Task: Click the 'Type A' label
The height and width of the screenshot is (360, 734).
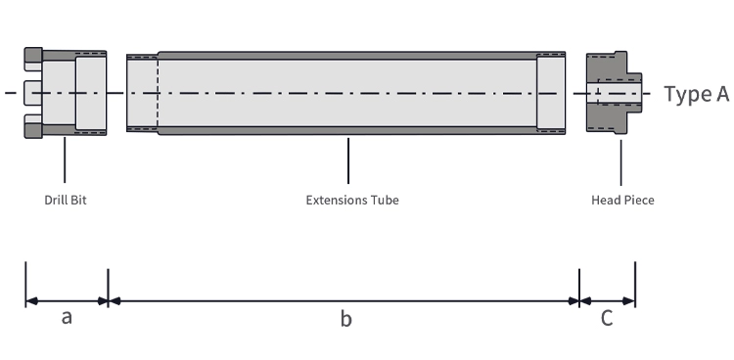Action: pyautogui.click(x=697, y=94)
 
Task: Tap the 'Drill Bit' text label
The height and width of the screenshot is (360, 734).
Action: pyautogui.click(x=66, y=200)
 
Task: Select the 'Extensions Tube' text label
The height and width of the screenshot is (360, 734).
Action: pyautogui.click(x=352, y=200)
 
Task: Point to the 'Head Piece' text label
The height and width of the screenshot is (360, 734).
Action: pyautogui.click(x=622, y=200)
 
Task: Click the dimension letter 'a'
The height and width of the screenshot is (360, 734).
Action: pyautogui.click(x=67, y=317)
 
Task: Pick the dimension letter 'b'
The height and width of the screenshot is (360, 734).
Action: pyautogui.click(x=345, y=318)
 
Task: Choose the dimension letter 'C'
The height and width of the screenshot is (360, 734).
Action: pyautogui.click(x=607, y=318)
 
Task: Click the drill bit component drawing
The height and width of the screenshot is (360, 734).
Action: pyautogui.click(x=66, y=93)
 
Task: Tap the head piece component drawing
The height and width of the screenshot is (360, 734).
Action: pyautogui.click(x=615, y=93)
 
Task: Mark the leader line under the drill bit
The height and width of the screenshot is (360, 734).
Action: pyautogui.click(x=65, y=159)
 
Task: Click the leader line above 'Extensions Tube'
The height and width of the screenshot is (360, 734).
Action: pyautogui.click(x=348, y=160)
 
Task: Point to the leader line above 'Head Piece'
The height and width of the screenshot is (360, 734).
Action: pyautogui.click(x=621, y=162)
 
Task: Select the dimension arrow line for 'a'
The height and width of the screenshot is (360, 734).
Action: pyautogui.click(x=67, y=301)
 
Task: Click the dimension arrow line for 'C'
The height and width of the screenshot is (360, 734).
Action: pyautogui.click(x=607, y=301)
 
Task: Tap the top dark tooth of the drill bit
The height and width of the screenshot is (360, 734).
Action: pyautogui.click(x=33, y=55)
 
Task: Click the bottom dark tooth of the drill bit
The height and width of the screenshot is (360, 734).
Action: pyautogui.click(x=33, y=131)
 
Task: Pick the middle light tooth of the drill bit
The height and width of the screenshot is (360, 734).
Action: pyautogui.click(x=32, y=93)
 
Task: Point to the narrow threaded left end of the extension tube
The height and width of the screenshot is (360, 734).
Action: pyautogui.click(x=142, y=93)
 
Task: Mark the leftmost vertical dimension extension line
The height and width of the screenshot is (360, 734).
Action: pyautogui.click(x=25, y=284)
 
